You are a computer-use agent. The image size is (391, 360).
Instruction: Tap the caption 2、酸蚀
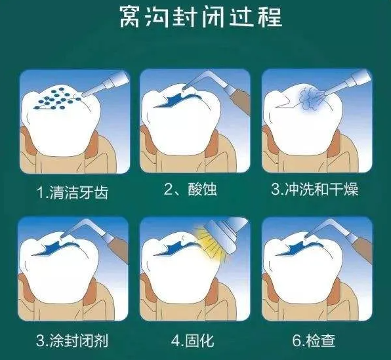coord(190,191)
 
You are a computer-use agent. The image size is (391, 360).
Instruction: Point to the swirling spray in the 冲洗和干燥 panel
coord(314,100)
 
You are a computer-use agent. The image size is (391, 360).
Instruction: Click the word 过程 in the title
coord(260,16)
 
